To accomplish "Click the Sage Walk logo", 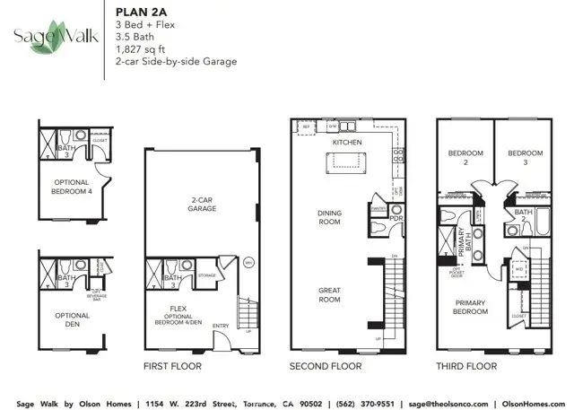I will point(50,37).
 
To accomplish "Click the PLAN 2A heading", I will point(137,12).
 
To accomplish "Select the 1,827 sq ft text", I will point(140,48).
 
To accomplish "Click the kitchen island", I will point(345,161).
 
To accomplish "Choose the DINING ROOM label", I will point(329,217).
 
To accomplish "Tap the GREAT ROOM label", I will point(330,293).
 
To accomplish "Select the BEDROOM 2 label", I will point(465,158).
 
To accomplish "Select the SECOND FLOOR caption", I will point(326,366).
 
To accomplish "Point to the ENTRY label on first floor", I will point(221,326).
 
